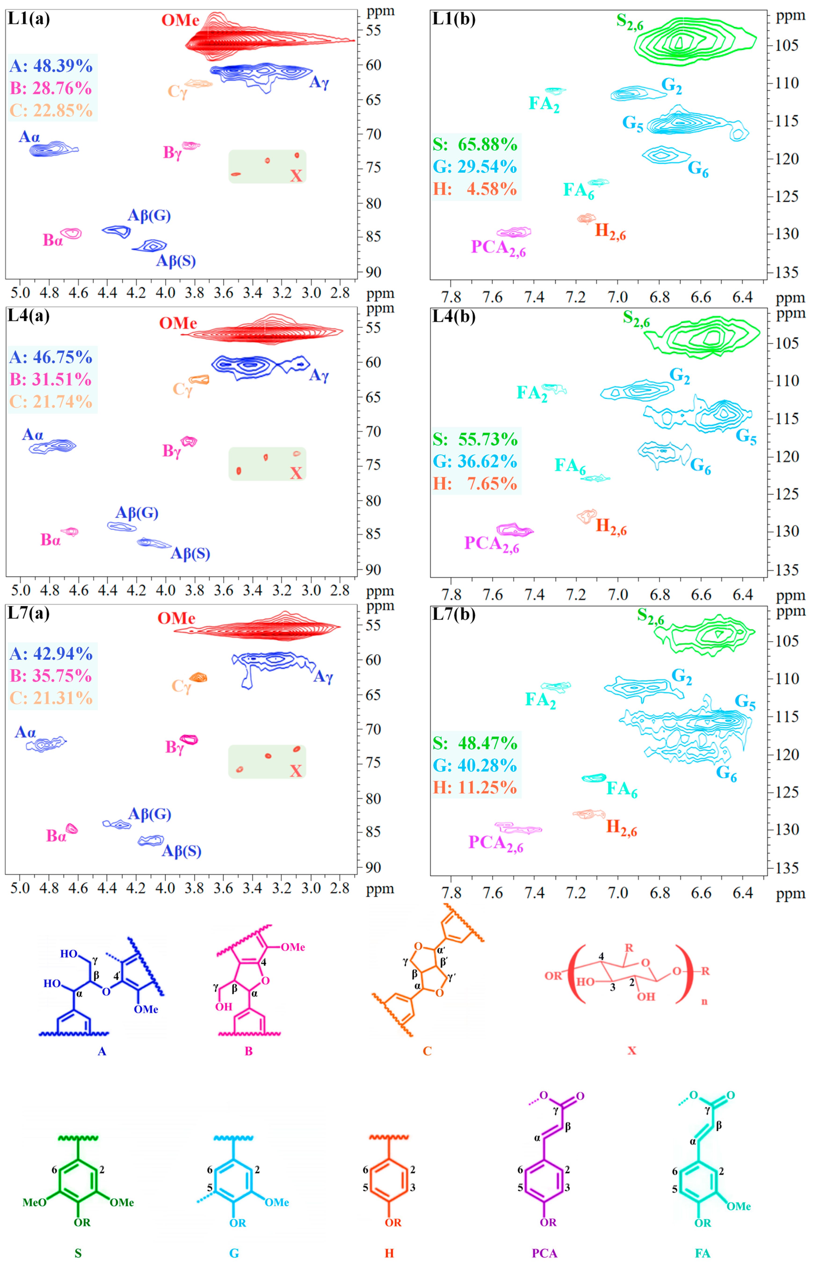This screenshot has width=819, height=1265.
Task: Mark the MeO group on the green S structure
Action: [34, 1202]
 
